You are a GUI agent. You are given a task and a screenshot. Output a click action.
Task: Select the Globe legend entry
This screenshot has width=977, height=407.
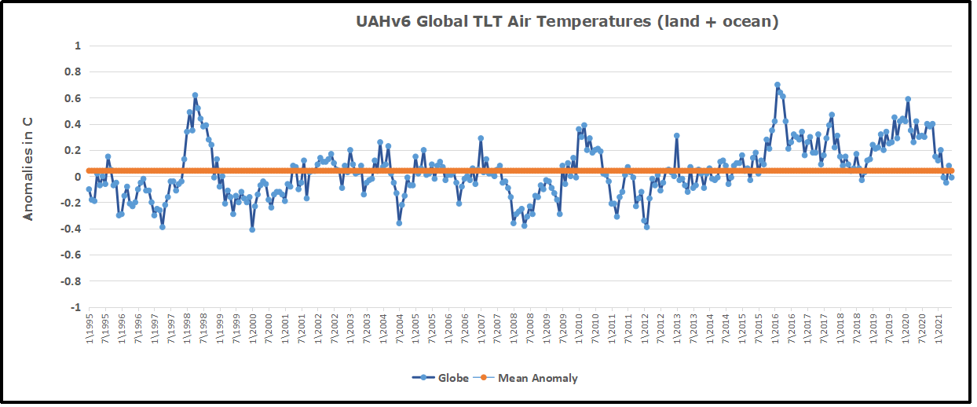[441, 378]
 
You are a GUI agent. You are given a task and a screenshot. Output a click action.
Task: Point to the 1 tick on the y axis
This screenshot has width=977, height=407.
[78, 46]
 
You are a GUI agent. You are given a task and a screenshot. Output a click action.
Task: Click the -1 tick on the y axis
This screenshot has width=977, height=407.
[76, 306]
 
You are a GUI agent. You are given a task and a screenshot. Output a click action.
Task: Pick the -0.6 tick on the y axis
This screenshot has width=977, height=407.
[71, 255]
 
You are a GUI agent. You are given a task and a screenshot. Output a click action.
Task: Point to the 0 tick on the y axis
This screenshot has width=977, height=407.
[78, 176]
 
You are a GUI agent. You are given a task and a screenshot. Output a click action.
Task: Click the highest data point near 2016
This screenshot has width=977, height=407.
[777, 85]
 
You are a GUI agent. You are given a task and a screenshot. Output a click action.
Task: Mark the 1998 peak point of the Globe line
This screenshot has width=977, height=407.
[195, 95]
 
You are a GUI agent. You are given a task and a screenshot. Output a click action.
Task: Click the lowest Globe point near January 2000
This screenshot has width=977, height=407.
[252, 229]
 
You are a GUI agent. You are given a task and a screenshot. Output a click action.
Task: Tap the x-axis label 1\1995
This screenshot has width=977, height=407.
[89, 327]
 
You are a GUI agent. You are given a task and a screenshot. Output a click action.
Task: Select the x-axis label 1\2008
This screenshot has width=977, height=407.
[514, 327]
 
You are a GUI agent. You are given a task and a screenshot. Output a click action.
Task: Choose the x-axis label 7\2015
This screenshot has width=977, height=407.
[759, 327]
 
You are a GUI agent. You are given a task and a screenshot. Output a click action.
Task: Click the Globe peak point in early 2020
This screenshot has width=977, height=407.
[908, 100]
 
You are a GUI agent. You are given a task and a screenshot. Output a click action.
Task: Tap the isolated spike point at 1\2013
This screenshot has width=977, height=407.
[676, 136]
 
